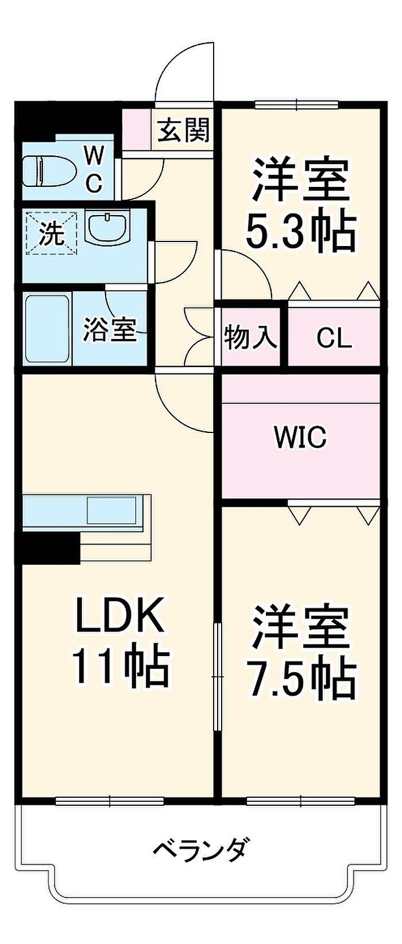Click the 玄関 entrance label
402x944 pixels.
pyautogui.click(x=184, y=130)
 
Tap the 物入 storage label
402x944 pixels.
pyautogui.click(x=250, y=337)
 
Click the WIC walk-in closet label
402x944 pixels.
pyautogui.click(x=300, y=438)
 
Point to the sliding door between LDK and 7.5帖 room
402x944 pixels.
pyautogui.click(x=217, y=677)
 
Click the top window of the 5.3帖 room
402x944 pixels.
pyautogui.click(x=297, y=104)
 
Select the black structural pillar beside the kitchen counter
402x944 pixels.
pyautogui.click(x=49, y=548)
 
